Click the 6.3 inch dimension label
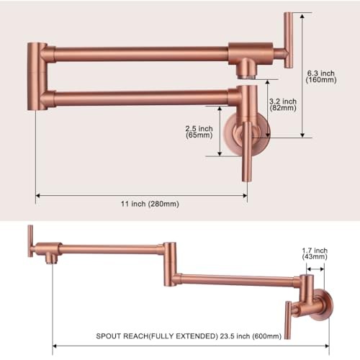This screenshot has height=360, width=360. tap(321, 73)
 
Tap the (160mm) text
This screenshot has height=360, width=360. tap(321, 80)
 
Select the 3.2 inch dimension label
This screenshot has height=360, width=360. tap(283, 102)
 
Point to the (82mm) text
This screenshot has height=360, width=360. tap(283, 108)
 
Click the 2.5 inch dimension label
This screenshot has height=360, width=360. tap(199, 129)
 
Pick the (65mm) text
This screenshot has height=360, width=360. tap(199, 135)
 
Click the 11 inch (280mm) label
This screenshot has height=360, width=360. tap(150, 204)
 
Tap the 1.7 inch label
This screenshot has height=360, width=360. tap(315, 251)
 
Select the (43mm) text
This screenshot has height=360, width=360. tap(315, 257)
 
